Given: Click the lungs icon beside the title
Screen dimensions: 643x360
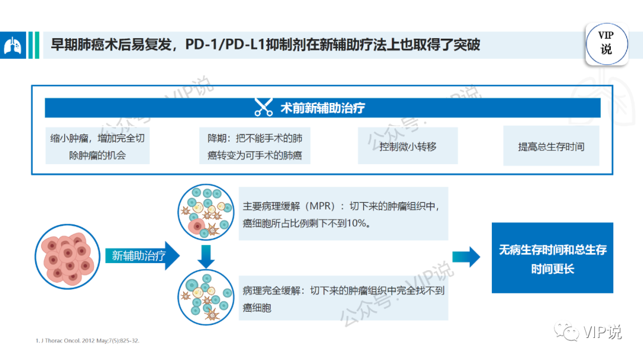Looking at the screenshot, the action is click(13, 45).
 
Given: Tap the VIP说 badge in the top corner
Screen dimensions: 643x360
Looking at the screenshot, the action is click(606, 43).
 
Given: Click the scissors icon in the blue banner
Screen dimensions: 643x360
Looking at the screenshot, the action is click(263, 108).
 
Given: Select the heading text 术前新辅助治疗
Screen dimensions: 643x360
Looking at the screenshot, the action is click(323, 108).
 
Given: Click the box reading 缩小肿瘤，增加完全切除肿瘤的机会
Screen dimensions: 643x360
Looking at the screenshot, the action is click(98, 146).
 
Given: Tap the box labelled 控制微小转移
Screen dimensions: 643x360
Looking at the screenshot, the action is click(408, 146).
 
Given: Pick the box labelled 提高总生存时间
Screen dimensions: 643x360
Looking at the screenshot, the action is click(551, 146).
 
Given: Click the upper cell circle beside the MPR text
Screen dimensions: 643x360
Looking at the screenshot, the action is click(205, 211).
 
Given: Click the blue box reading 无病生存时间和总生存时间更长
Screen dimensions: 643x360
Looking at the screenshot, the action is click(552, 259).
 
